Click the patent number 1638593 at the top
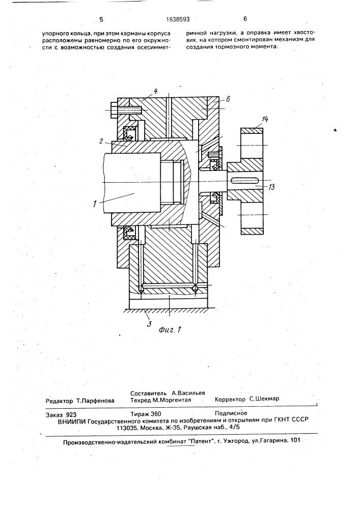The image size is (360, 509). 178,19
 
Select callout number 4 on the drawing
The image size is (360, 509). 155,91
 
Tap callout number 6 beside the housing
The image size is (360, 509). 228,99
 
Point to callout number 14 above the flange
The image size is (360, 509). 265,120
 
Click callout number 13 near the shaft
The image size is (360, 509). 272,187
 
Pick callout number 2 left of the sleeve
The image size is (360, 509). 101,141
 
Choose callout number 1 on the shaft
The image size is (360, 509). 95,204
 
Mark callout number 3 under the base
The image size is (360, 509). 149,324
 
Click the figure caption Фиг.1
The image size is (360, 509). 170,330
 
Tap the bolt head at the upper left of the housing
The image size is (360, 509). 114,110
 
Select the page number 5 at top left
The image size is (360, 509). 101,19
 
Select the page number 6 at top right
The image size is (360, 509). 245,19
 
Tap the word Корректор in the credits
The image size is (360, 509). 230,399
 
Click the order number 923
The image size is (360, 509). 71,414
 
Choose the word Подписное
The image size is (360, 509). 231,413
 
